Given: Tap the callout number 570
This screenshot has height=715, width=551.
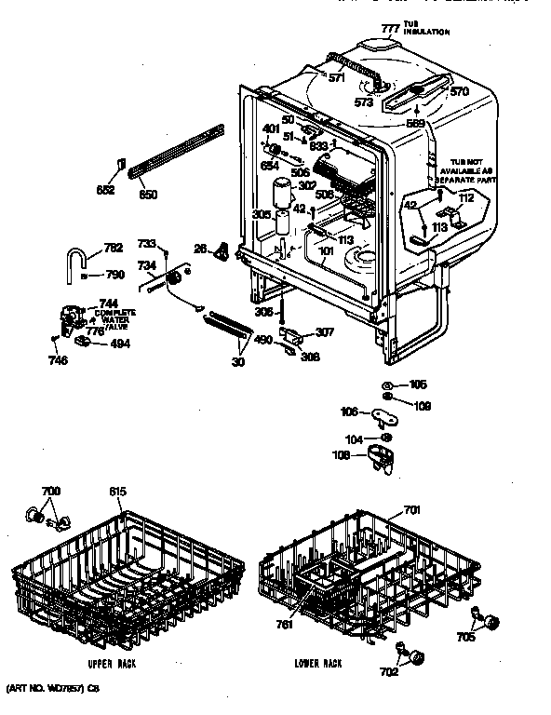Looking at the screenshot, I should click(460, 91).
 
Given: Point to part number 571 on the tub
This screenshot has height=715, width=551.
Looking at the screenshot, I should click(337, 77).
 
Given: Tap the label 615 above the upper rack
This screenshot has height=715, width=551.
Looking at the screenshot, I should click(116, 492).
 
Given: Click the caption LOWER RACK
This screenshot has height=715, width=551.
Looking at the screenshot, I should click(316, 663).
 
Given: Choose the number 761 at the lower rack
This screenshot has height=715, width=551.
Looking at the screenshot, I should click(284, 624).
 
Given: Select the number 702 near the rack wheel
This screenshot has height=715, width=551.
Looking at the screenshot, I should click(388, 670).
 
